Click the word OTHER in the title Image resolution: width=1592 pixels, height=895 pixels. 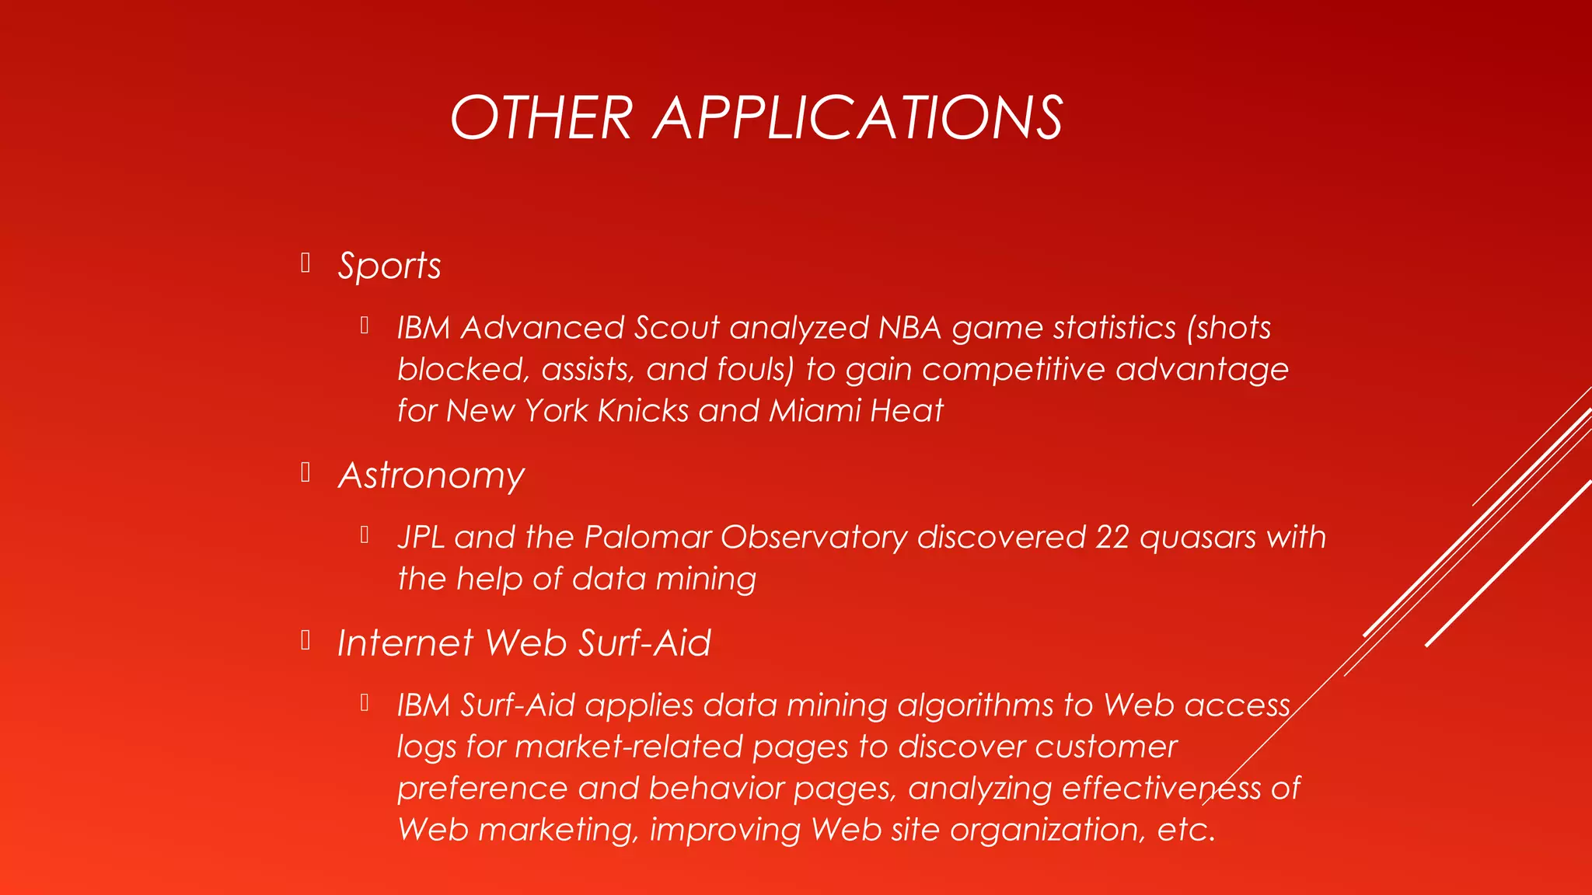click(x=541, y=118)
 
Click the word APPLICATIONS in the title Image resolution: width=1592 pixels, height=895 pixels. click(x=858, y=118)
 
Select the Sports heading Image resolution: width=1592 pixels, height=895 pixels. click(x=389, y=266)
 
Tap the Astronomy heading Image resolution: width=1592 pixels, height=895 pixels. click(x=431, y=475)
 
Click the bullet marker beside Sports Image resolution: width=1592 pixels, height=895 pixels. click(x=305, y=263)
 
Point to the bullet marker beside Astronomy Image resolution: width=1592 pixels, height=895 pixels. click(x=305, y=472)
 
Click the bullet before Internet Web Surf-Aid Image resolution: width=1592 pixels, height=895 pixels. click(x=305, y=640)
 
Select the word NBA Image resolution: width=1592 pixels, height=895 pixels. click(x=909, y=328)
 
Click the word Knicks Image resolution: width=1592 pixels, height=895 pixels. click(x=642, y=411)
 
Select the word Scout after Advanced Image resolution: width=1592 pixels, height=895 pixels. click(x=676, y=328)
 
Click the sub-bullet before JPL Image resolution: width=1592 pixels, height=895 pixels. click(x=364, y=535)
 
